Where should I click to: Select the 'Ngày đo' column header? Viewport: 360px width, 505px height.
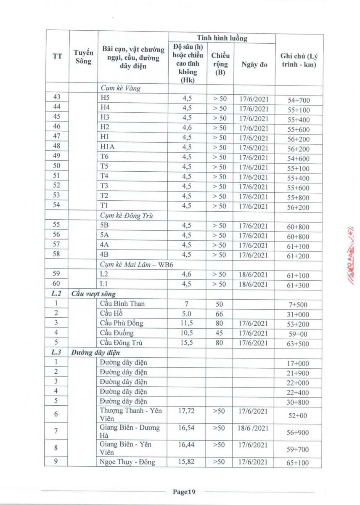pos(254,64)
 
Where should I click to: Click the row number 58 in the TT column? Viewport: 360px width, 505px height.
pos(57,255)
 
